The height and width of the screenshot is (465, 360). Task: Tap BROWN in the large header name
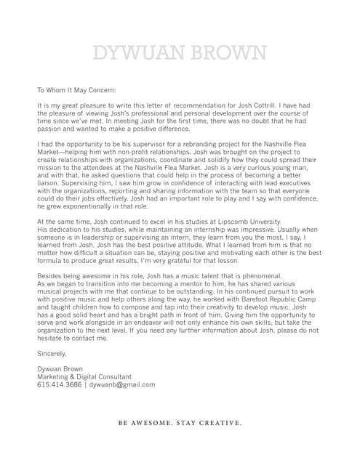coord(226,53)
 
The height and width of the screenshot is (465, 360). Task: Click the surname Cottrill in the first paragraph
coord(276,106)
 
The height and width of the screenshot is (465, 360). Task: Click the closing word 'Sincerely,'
coord(52,354)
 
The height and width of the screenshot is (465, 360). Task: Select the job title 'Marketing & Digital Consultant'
coord(84,377)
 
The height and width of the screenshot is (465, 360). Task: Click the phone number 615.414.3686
coord(59,384)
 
